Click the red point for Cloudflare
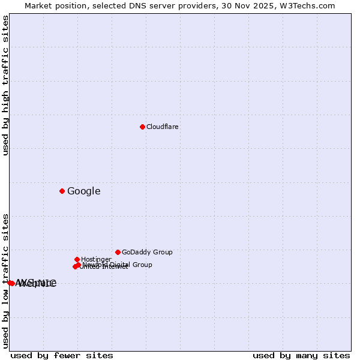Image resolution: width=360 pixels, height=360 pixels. pyautogui.click(x=142, y=127)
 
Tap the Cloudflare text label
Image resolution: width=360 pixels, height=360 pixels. pyautogui.click(x=163, y=127)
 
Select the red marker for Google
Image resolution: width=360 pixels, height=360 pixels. pyautogui.click(x=62, y=191)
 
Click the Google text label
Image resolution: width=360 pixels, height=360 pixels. pyautogui.click(x=84, y=191)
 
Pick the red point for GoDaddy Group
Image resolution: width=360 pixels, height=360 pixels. pyautogui.click(x=118, y=252)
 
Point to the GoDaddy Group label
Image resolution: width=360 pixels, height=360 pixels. pyautogui.click(x=147, y=252)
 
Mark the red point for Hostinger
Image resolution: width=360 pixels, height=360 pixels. pyautogui.click(x=77, y=259)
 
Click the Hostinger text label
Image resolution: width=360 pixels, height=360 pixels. pyautogui.click(x=96, y=259)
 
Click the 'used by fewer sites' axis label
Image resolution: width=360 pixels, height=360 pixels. pyautogui.click(x=62, y=355)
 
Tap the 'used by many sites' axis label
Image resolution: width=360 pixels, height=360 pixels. pyautogui.click(x=301, y=355)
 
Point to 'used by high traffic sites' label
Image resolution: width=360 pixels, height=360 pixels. pyautogui.click(x=5, y=85)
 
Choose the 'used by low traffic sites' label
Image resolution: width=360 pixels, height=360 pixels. pyautogui.click(x=5, y=281)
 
